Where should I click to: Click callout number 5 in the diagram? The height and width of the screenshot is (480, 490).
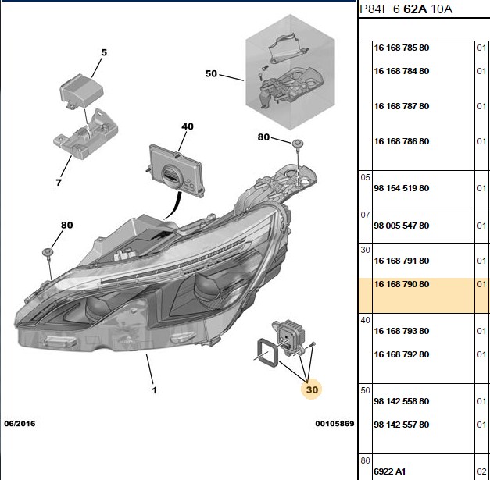tap(104, 52)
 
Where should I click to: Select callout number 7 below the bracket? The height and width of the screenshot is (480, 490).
tap(59, 183)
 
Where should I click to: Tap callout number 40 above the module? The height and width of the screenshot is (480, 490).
tap(188, 126)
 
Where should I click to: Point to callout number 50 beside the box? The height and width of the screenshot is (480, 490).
tap(211, 73)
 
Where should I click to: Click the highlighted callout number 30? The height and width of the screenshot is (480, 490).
tap(312, 389)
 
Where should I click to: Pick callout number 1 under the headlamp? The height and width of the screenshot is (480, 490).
tap(155, 390)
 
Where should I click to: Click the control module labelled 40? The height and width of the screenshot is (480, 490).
tap(177, 170)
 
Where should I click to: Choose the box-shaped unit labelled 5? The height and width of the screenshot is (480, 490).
tap(81, 91)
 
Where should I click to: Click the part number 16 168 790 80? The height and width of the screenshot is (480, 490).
tap(401, 284)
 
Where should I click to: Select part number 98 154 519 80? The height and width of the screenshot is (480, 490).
tap(401, 188)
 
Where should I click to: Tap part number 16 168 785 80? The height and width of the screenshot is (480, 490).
tap(401, 48)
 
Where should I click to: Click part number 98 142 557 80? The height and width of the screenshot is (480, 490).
tap(401, 425)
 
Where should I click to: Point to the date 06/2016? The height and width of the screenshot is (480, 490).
tap(20, 424)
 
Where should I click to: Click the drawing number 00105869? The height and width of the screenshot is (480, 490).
tap(334, 424)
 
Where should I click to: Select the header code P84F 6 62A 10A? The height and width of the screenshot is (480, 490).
tap(406, 9)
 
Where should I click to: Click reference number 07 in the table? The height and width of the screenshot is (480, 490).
tap(365, 215)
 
